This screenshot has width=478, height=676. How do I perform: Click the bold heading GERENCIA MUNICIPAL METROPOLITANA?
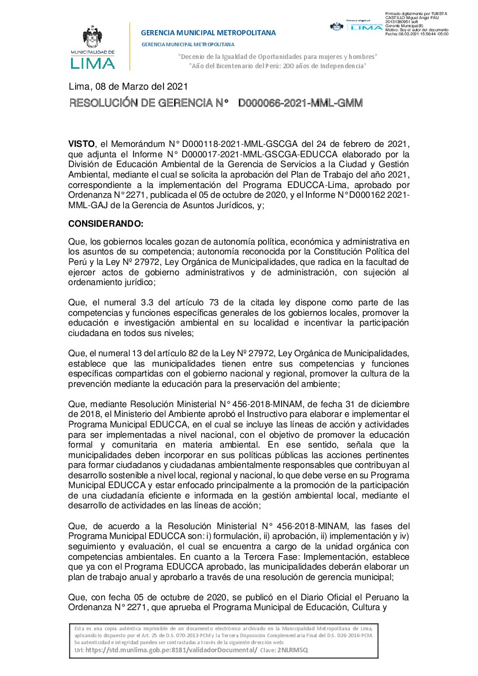208,33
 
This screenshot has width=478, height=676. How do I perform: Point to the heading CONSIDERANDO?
105,223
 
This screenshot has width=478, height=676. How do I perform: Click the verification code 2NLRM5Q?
292,649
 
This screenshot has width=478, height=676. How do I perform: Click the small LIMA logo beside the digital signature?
366,26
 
